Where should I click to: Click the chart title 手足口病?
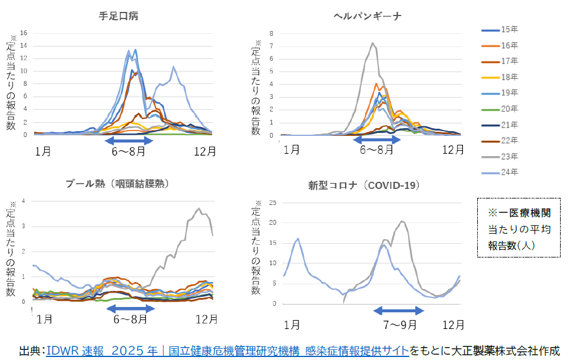119,16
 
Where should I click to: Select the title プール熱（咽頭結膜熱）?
122,184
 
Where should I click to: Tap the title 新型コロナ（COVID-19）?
363,185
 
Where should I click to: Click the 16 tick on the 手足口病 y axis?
23,32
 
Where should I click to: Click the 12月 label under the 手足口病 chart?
204,151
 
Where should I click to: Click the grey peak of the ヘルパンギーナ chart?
372,43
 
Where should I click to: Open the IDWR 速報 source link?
227,350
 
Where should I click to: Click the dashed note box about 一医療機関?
518,228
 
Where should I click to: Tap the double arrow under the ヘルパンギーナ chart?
377,139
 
